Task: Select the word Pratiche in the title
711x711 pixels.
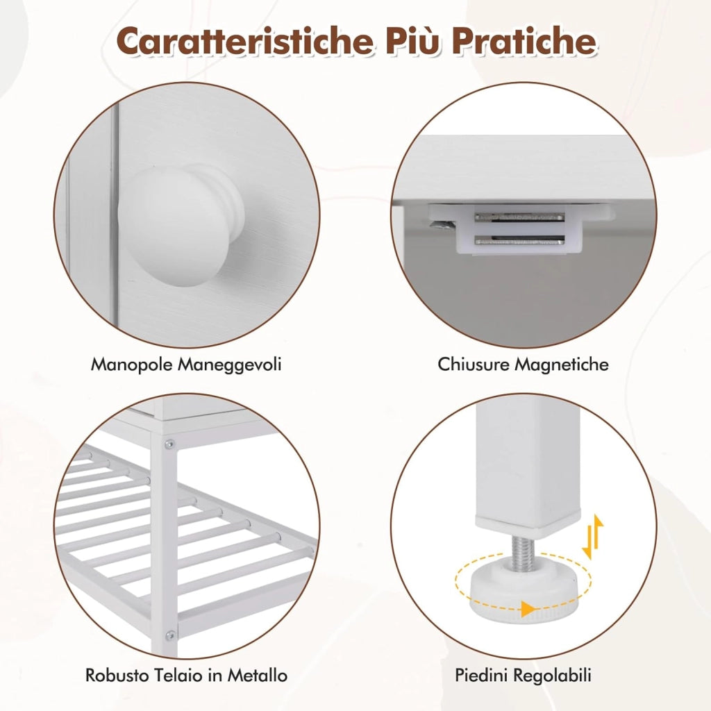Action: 524,41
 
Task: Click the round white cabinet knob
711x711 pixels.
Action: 181,226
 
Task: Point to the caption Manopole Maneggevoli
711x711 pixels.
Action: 186,365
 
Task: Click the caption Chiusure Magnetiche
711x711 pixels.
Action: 523,365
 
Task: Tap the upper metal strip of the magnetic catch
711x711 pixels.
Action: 519,217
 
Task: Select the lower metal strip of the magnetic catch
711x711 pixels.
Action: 519,240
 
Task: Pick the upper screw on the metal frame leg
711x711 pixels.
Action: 169,444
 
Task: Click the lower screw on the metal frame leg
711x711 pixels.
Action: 171,636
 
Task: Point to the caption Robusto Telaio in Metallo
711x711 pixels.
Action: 186,675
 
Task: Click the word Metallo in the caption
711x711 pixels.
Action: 257,675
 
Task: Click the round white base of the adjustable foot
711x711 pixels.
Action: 525,594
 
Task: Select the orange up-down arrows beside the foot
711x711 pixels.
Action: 593,537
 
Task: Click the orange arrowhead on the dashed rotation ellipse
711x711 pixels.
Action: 527,608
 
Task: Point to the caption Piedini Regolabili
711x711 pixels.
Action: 523,675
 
